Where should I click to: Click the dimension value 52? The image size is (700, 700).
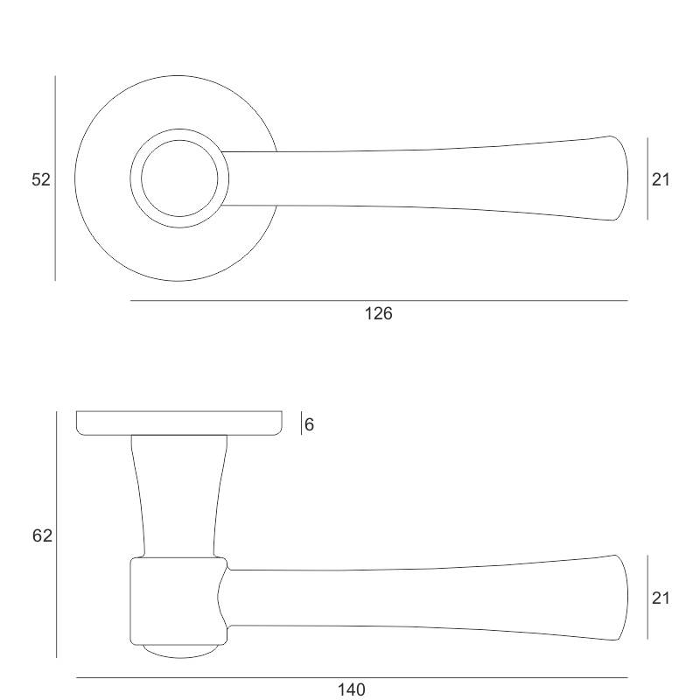pos(40,179)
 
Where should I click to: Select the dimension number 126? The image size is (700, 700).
pos(379,313)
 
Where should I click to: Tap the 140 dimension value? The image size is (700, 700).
pos(352,689)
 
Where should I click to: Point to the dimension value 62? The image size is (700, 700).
pos(42,535)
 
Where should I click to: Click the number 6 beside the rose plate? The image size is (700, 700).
pos(309,424)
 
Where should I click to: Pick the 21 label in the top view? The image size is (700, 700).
pos(661,179)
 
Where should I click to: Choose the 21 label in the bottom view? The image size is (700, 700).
pos(661,598)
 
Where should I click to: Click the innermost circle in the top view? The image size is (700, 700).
pos(179,178)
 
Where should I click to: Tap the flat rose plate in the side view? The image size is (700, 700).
pos(179,423)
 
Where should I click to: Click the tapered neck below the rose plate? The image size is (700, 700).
pos(179,496)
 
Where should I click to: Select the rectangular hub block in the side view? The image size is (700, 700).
pos(178,601)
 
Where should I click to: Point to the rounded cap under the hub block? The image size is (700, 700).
pos(180,651)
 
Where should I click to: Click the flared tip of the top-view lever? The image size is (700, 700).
pos(619,178)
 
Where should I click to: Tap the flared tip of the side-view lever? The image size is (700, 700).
pos(619,598)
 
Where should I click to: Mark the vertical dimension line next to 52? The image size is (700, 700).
pos(55,178)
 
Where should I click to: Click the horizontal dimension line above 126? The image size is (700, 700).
pos(379,300)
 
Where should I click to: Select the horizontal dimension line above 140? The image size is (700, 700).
pos(352,677)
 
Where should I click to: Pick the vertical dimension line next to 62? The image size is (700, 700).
pos(56,535)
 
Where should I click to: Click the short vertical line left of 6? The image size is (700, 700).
pos(301,423)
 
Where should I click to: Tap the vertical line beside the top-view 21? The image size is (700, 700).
pos(647,178)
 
